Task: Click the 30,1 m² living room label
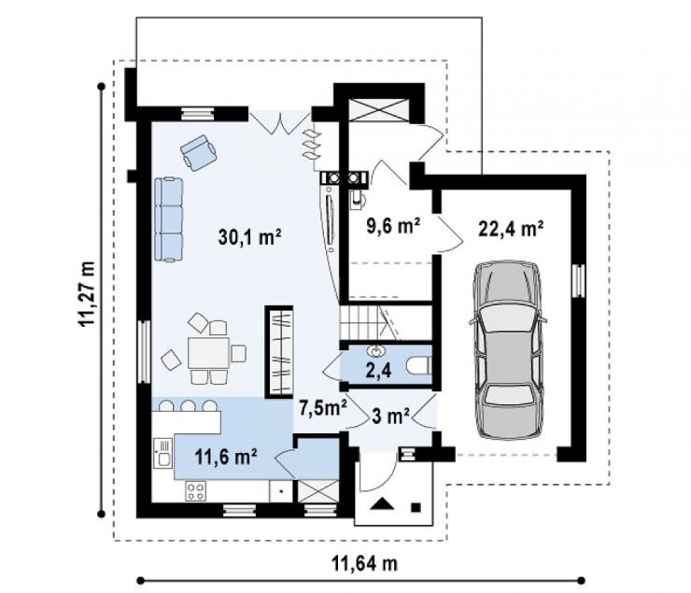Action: click(250, 236)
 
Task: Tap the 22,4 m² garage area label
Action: click(511, 228)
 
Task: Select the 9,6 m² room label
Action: click(393, 226)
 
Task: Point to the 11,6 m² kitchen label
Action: click(226, 457)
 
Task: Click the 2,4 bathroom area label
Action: click(378, 370)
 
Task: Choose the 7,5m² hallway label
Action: click(322, 407)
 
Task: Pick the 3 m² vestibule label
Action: click(391, 416)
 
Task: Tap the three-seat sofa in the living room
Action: click(168, 219)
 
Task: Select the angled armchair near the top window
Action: click(198, 152)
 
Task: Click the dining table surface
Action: click(208, 352)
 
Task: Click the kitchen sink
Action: click(163, 453)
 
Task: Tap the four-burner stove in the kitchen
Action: click(196, 491)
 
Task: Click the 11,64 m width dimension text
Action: click(364, 563)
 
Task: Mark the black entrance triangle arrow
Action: click(382, 503)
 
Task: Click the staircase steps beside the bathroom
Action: click(370, 322)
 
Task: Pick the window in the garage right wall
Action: click(579, 281)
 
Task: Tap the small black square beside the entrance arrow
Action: click(416, 507)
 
